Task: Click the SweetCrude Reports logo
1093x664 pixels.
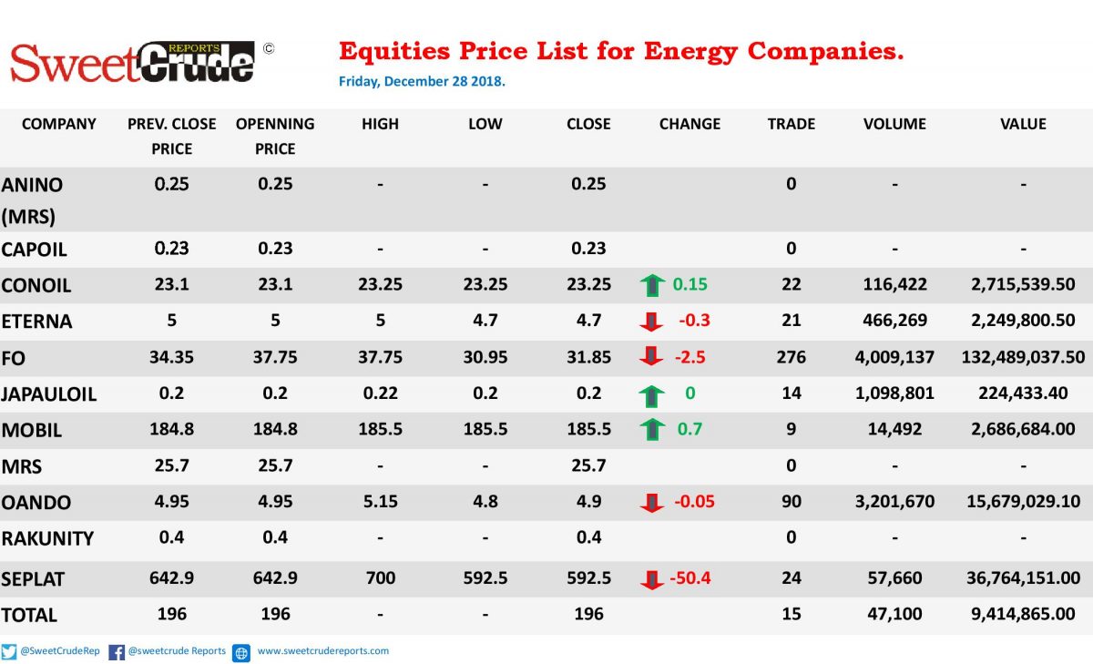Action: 133,62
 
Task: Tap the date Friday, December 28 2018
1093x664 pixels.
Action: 422,81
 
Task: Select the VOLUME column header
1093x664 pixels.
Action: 894,124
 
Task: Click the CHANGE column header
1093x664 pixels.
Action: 690,124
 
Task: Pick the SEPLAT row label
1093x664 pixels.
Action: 33,579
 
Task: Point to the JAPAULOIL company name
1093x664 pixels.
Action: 49,394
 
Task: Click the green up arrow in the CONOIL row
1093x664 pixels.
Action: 652,285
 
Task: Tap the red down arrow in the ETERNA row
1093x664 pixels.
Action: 651,322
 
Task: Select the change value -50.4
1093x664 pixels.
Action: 690,578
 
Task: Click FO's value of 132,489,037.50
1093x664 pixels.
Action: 1023,357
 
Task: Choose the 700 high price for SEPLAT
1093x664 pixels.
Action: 380,578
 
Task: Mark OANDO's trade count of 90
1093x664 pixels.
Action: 791,502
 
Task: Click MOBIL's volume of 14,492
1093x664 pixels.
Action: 894,429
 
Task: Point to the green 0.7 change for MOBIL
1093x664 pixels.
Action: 690,429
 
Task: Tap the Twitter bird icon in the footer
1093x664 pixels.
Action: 9,652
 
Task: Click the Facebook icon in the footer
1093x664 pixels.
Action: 117,652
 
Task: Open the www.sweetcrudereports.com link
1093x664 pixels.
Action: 323,651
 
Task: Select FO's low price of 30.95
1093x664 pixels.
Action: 485,357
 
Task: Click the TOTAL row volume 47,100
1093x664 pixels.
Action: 894,614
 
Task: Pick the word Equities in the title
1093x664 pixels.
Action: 394,52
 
